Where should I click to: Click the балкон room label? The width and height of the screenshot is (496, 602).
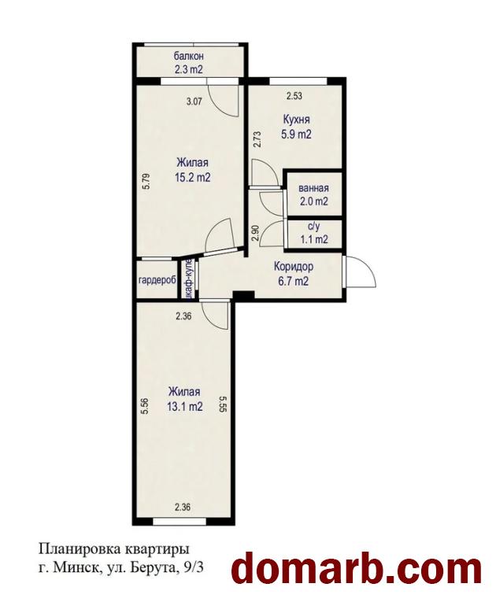click(x=188, y=57)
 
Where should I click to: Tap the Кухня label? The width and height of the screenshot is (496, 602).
click(x=296, y=120)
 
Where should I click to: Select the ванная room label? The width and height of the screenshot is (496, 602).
click(x=314, y=189)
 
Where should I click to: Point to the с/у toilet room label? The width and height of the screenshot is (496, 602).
click(x=313, y=227)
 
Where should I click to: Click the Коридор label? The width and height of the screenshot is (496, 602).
click(x=294, y=266)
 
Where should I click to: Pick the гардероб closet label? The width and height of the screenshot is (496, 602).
click(x=157, y=280)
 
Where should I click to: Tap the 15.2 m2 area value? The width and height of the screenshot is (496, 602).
click(x=193, y=178)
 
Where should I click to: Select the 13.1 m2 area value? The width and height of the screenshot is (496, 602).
click(x=185, y=407)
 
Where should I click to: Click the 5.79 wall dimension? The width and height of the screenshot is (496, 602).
click(x=145, y=182)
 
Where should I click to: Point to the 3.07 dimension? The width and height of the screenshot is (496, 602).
click(x=194, y=102)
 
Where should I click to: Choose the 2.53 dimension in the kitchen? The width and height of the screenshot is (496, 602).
click(x=294, y=96)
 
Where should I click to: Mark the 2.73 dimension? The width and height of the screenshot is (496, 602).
click(x=257, y=139)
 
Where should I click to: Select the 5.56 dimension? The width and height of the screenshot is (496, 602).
click(x=145, y=406)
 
